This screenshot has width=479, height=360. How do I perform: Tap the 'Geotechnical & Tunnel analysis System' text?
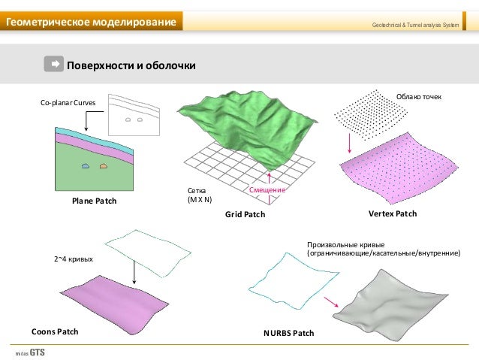[415, 27]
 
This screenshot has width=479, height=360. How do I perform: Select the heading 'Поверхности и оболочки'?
[131, 65]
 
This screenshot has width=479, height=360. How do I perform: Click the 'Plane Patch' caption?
[95, 202]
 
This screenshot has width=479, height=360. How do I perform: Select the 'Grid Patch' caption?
[245, 215]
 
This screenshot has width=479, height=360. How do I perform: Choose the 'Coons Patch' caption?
[55, 331]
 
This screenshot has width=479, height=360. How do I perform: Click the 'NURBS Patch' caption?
[288, 332]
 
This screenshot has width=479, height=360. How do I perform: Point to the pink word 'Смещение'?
[267, 192]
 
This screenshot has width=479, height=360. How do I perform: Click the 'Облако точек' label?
[419, 97]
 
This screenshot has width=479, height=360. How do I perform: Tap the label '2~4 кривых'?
[73, 259]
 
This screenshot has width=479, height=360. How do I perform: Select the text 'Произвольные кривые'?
[346, 245]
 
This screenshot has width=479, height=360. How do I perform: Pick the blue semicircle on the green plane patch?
[86, 165]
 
